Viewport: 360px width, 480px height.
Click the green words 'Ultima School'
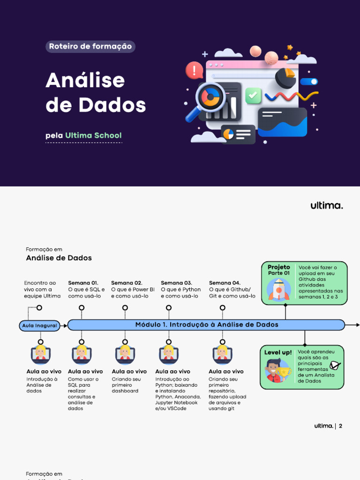[x=93, y=135]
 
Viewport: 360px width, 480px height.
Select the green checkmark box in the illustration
[x=253, y=95]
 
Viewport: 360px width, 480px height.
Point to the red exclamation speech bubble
[x=193, y=71]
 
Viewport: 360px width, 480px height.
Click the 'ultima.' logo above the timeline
[x=326, y=205]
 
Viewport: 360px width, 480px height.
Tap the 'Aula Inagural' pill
[x=40, y=325]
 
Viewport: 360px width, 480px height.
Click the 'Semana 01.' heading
[x=83, y=283]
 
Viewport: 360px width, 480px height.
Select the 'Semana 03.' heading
[x=176, y=283]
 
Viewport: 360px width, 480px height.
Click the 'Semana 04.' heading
[x=225, y=283]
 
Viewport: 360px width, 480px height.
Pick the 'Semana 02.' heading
[x=127, y=283]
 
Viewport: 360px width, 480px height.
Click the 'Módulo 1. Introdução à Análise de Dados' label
[x=207, y=324]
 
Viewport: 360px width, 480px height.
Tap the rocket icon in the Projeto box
[x=278, y=289]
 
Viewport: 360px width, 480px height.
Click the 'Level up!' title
[x=278, y=352]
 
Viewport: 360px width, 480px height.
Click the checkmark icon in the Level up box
[x=335, y=365]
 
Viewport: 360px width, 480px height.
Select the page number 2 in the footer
[x=340, y=426]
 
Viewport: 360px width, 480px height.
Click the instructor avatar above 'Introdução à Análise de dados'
[x=40, y=354]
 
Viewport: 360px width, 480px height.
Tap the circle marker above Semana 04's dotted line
[x=223, y=307]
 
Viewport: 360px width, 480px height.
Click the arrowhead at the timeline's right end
[x=358, y=324]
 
